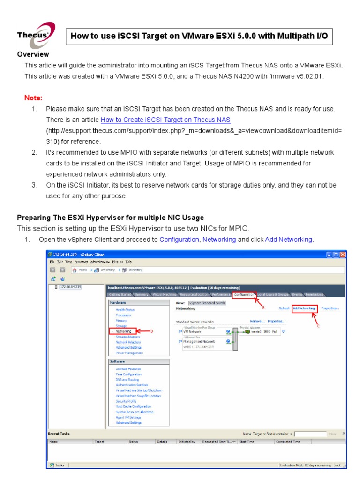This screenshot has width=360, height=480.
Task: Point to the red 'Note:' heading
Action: pyautogui.click(x=33, y=98)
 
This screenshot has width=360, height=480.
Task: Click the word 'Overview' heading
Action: pyautogui.click(x=33, y=54)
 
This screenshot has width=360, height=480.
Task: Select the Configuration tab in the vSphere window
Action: pyautogui.click(x=244, y=294)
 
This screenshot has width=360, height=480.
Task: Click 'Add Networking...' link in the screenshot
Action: pyautogui.click(x=304, y=308)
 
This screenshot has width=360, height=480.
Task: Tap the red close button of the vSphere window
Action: pyautogui.click(x=343, y=255)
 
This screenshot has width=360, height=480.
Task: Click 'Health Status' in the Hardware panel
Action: pyautogui.click(x=125, y=310)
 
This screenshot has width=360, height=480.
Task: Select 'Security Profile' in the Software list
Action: pyautogui.click(x=126, y=401)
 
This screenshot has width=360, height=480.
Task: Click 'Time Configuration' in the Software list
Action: pyautogui.click(x=128, y=375)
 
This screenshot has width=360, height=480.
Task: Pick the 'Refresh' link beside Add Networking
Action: pyautogui.click(x=284, y=308)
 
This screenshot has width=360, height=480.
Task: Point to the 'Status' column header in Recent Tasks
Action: pyautogui.click(x=133, y=442)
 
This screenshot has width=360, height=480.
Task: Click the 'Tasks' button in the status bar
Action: pyautogui.click(x=58, y=465)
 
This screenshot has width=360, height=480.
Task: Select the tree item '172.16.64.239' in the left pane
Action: pyautogui.click(x=70, y=287)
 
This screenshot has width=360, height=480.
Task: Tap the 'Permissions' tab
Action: pyautogui.click(x=314, y=294)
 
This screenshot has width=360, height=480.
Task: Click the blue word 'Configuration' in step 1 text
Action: pyautogui.click(x=179, y=240)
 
